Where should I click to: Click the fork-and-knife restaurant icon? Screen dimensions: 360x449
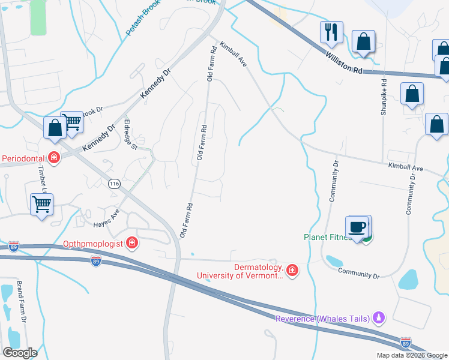click(331, 32)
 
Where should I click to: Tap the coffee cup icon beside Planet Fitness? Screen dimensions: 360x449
click(358, 227)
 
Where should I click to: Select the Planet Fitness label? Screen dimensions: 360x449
click(327, 237)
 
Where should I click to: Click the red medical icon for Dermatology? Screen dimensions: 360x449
click(292, 271)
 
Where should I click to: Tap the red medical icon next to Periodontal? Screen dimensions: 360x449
click(54, 158)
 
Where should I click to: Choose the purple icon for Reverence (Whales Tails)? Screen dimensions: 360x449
click(378, 317)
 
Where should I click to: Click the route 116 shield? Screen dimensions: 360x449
click(112, 184)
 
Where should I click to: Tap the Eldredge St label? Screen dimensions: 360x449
click(130, 135)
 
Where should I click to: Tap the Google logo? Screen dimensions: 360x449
click(19, 352)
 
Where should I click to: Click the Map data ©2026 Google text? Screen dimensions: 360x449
click(412, 355)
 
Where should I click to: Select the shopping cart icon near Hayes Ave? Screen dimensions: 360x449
click(41, 205)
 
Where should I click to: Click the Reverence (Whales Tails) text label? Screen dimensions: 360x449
click(322, 318)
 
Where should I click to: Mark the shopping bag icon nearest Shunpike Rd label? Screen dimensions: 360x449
click(412, 94)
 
